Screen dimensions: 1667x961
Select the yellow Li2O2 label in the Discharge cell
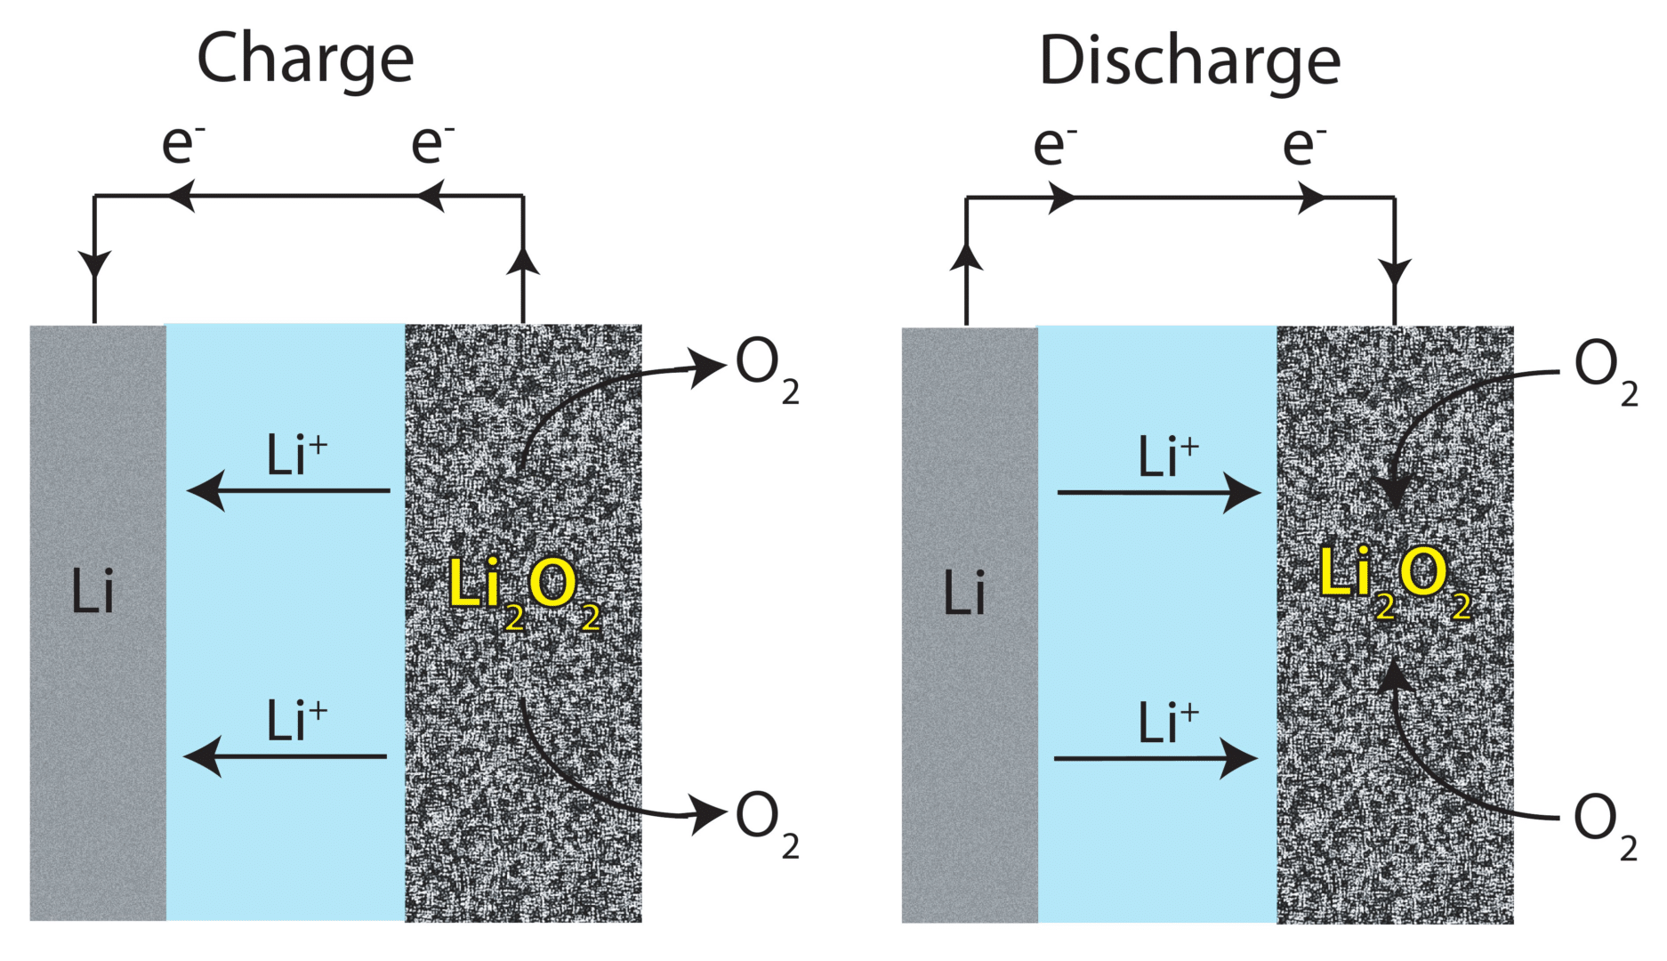pyautogui.click(x=1395, y=582)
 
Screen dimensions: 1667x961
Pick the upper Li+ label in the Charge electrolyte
pyautogui.click(x=297, y=455)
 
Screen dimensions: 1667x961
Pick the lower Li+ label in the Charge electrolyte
pyautogui.click(x=297, y=720)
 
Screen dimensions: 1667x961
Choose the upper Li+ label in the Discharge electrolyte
pyautogui.click(x=1169, y=456)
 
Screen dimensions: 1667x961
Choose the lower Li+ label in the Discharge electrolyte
pyautogui.click(x=1169, y=722)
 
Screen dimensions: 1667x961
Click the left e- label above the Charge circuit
pyautogui.click(x=182, y=143)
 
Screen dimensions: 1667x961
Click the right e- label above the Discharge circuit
pyautogui.click(x=1304, y=145)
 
